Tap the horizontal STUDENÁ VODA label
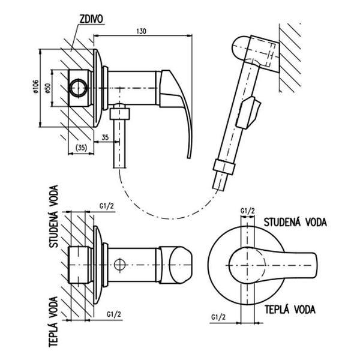point(295,222)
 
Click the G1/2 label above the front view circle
point(247,211)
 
